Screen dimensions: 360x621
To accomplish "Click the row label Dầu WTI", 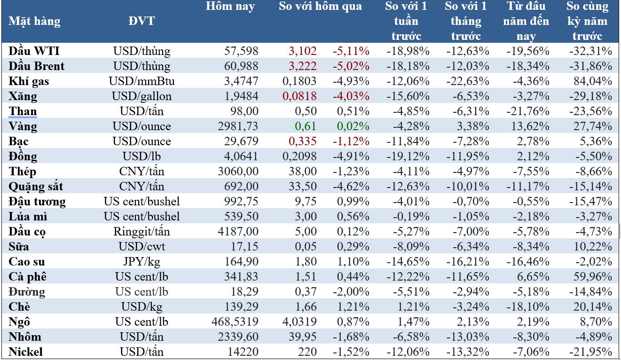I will [34, 51].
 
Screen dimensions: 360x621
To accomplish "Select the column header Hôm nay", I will [230, 7].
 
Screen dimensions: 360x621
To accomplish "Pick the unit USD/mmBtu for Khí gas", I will [141, 81].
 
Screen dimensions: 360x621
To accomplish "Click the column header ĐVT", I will [141, 21].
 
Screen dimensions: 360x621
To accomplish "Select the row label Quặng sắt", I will [36, 187].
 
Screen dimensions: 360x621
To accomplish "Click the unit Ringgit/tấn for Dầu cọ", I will [141, 232].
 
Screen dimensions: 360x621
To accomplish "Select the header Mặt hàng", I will [35, 21].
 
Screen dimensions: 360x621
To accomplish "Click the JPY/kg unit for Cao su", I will [141, 262].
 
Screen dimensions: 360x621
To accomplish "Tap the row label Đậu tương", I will [37, 202].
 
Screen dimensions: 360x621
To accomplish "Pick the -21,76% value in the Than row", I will [529, 111].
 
